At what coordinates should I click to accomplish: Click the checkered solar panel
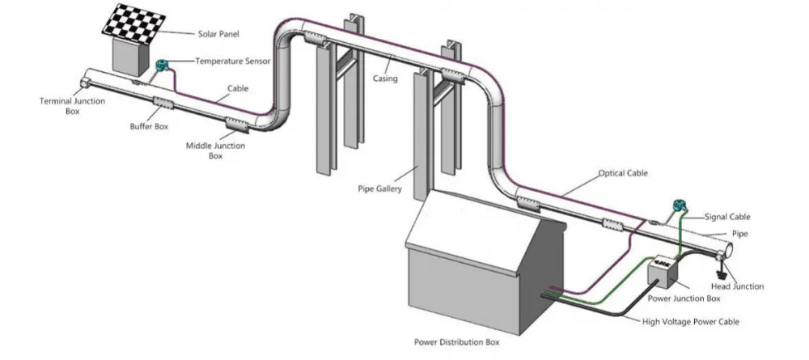click(x=133, y=24)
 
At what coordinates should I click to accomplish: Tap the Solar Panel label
click(x=218, y=35)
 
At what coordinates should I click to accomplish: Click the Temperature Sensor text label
click(x=233, y=61)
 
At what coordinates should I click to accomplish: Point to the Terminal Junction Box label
click(x=72, y=106)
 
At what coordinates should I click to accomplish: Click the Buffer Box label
click(x=149, y=126)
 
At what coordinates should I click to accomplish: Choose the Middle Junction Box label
click(x=216, y=150)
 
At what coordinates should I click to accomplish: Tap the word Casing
click(x=385, y=78)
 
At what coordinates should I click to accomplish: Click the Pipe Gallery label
click(x=379, y=188)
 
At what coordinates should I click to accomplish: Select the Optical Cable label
click(x=623, y=173)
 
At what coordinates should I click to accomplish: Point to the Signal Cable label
click(x=727, y=217)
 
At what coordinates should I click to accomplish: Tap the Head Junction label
click(x=737, y=286)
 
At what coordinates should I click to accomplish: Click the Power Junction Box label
click(x=684, y=298)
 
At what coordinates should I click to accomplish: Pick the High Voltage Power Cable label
click(x=690, y=322)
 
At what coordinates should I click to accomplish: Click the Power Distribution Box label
click(x=456, y=342)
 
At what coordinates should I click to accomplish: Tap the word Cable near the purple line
click(x=238, y=88)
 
